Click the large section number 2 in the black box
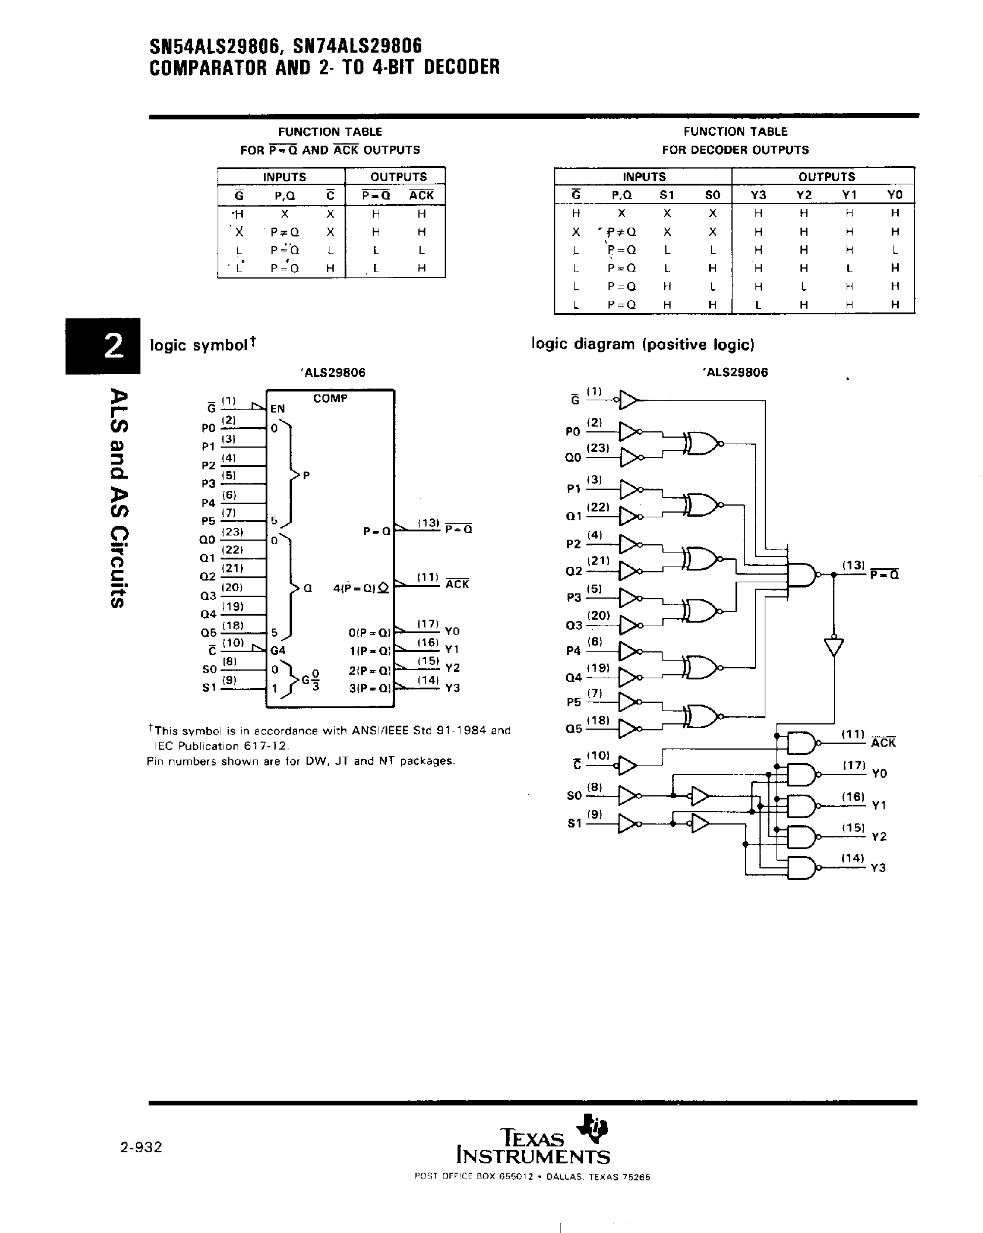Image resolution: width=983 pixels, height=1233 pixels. (112, 347)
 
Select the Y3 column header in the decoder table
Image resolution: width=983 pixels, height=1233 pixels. (758, 195)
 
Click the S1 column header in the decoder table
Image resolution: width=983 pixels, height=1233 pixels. (667, 195)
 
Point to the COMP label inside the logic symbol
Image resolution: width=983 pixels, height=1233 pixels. (330, 399)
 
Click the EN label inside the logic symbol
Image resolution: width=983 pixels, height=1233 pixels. (277, 409)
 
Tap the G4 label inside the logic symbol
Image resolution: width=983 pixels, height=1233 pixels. (277, 650)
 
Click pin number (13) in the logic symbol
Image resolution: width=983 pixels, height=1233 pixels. (428, 523)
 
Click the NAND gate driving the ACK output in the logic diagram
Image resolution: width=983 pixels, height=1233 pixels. (802, 743)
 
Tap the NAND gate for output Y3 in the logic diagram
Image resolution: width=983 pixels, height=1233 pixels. (802, 868)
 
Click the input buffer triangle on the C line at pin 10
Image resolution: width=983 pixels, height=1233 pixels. (627, 765)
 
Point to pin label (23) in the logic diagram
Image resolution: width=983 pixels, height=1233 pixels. (599, 448)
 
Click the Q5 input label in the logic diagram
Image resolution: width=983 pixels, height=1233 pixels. (574, 729)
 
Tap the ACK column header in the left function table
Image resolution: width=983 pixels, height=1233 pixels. (421, 195)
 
